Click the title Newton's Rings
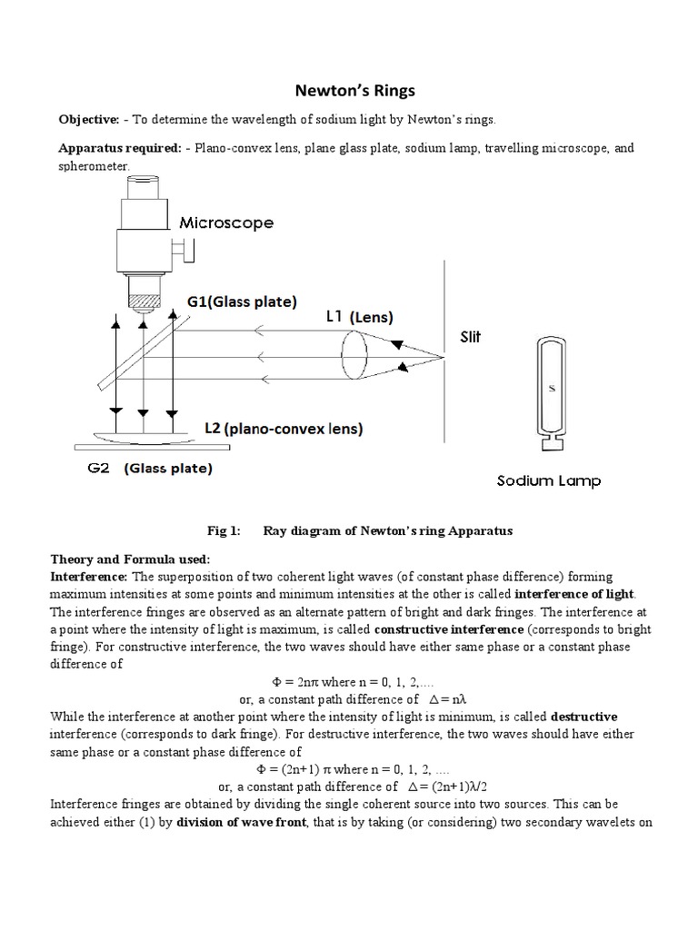tap(349, 91)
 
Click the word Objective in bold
tap(89, 121)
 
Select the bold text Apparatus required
tap(117, 147)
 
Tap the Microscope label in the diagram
tap(226, 222)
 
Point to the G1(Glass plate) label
tap(242, 302)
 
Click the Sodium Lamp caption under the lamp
tap(548, 481)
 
